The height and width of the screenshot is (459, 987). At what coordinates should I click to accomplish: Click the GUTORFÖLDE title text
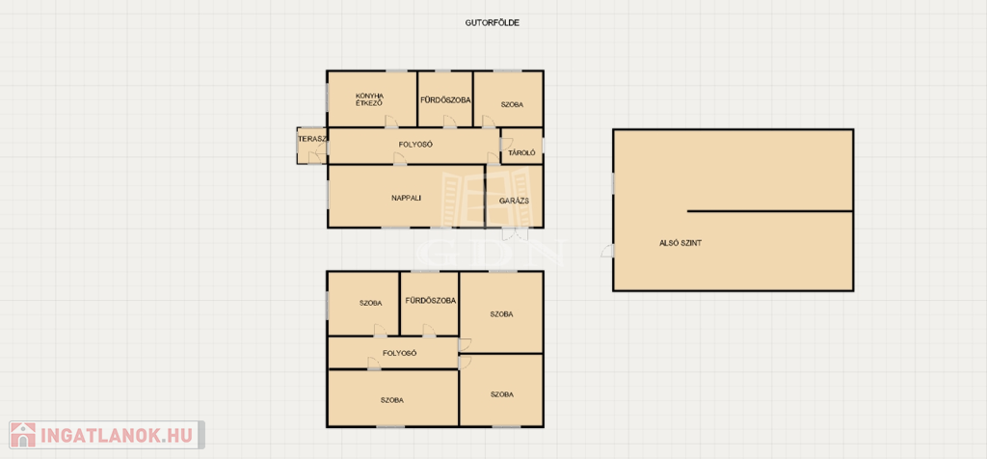[x=492, y=23]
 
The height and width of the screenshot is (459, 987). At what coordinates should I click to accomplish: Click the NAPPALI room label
[x=406, y=198]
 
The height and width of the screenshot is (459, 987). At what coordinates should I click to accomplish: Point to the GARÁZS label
[x=513, y=201]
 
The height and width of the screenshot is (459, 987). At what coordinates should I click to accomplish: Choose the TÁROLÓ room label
[x=521, y=152]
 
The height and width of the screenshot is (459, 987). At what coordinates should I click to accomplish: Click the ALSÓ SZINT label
[x=680, y=242]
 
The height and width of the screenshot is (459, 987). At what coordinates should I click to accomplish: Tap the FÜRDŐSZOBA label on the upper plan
[x=445, y=99]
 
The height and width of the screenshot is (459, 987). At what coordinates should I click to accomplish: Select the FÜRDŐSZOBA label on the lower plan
[x=431, y=300]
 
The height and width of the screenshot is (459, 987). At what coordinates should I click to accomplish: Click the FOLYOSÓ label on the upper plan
[x=415, y=145]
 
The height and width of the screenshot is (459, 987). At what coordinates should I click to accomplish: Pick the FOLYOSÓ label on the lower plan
[x=400, y=353]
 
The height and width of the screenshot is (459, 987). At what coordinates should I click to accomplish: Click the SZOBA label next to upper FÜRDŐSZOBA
[x=513, y=104]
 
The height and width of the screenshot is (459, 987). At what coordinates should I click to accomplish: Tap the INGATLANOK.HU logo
[x=106, y=435]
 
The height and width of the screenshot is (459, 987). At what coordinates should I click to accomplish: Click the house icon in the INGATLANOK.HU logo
[x=23, y=435]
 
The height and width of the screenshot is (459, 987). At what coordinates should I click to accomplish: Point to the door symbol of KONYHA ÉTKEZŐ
[x=391, y=121]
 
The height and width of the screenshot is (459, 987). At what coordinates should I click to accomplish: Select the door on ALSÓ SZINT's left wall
[x=608, y=250]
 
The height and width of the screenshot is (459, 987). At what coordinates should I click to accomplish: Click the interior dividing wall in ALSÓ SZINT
[x=770, y=211]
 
